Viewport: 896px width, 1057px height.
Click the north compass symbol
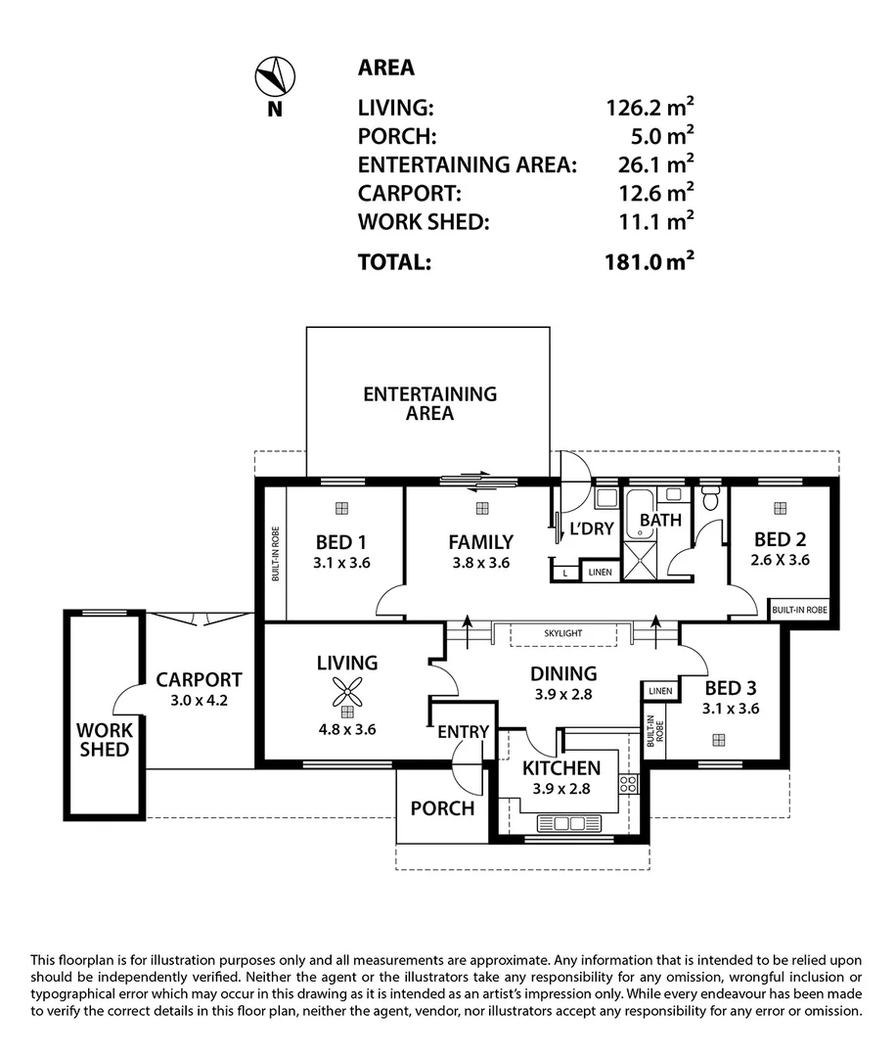(275, 76)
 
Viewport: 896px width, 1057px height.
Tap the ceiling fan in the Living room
(347, 692)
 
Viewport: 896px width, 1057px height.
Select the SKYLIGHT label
(563, 633)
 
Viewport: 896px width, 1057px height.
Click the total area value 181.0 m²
(650, 261)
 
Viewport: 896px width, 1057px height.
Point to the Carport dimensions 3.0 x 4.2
(199, 701)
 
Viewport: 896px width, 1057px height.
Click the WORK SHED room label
(105, 740)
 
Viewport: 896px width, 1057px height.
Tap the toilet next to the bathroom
(709, 497)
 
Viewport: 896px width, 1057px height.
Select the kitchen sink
(561, 823)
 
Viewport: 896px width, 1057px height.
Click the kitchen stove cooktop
(628, 784)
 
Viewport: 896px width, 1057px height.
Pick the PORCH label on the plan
(442, 808)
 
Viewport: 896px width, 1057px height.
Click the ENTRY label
(463, 731)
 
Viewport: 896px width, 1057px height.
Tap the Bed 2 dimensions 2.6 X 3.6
(781, 560)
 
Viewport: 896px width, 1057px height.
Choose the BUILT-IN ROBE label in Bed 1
(276, 553)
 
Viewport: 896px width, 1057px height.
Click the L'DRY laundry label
(592, 528)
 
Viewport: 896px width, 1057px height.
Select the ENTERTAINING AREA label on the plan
(429, 403)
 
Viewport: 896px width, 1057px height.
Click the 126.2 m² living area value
(650, 107)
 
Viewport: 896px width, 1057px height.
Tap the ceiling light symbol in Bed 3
(719, 740)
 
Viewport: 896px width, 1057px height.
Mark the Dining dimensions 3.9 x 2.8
(563, 694)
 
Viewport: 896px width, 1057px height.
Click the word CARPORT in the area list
(410, 194)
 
